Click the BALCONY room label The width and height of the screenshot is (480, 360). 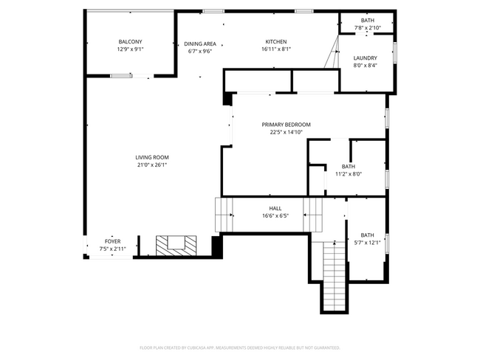[x=130, y=41]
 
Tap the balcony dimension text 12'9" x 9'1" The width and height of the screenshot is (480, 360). [x=130, y=49]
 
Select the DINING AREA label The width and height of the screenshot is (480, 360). [x=200, y=44]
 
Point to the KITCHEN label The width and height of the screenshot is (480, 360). [x=276, y=41]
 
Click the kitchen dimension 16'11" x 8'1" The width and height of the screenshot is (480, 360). [x=276, y=49]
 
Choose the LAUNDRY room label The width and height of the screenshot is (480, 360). [x=365, y=58]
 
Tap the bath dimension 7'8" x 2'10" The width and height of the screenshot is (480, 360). [x=367, y=27]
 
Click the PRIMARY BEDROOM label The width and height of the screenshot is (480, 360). [x=286, y=125]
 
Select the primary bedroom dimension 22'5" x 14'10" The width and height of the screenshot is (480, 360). [x=286, y=133]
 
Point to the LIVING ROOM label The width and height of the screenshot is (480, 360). [x=152, y=157]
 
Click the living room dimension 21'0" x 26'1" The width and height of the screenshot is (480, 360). [x=152, y=165]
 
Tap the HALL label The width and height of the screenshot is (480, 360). [x=275, y=208]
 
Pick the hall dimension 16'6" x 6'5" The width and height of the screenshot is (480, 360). [x=275, y=216]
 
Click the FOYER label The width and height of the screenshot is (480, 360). [x=112, y=241]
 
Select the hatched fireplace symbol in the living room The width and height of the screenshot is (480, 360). [x=176, y=244]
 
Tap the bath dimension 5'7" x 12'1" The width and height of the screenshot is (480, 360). [x=367, y=243]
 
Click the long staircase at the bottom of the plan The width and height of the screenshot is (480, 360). [x=334, y=277]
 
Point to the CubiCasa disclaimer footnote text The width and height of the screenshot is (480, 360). [x=240, y=347]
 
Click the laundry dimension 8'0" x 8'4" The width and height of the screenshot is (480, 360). [x=365, y=66]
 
